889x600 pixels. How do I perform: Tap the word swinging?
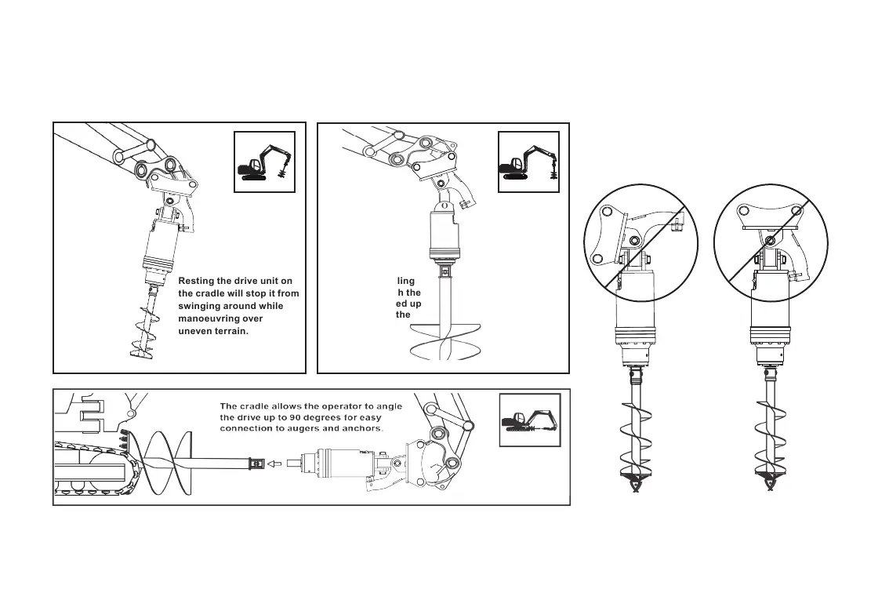(204, 306)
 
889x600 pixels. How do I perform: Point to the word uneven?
(197, 331)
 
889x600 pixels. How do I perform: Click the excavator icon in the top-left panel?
(264, 162)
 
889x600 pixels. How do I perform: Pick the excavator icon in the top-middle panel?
(528, 162)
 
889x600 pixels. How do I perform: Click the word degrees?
(321, 417)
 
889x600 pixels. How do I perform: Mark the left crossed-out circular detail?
(642, 242)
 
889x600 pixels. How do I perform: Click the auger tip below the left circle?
(636, 487)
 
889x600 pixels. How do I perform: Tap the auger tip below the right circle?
(769, 487)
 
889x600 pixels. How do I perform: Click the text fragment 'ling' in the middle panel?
(405, 281)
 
